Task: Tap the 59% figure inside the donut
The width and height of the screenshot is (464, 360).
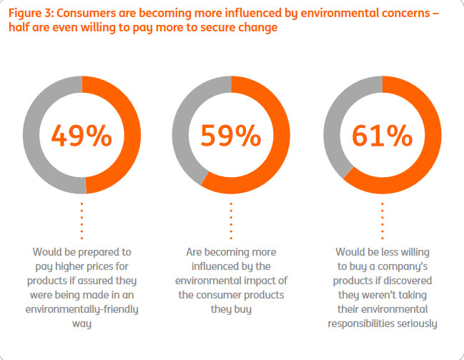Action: point(231,135)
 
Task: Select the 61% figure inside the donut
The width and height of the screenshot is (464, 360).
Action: point(382,135)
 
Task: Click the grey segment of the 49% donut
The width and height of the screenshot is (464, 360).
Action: point(33,135)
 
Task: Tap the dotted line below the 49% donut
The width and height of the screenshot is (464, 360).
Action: point(82,220)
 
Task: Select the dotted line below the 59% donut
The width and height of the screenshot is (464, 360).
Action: point(231,220)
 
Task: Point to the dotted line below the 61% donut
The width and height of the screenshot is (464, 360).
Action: point(382,220)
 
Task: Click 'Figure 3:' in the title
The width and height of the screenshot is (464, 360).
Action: point(31,13)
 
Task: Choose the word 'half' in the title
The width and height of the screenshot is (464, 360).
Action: point(19,29)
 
